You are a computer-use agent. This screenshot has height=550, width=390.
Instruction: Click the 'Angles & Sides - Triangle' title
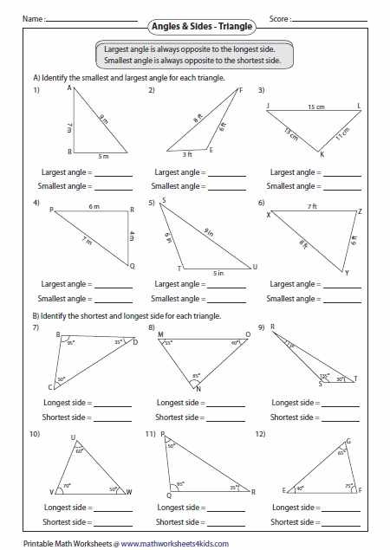194,27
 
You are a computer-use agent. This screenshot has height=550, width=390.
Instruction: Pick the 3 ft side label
186,154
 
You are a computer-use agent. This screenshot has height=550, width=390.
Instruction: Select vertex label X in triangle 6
268,216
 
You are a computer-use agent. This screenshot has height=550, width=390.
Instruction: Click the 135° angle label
324,377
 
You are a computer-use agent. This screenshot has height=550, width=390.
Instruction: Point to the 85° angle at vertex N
197,376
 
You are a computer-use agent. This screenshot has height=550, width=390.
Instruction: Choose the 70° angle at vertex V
65,487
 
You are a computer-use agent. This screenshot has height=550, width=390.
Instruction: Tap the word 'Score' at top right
279,17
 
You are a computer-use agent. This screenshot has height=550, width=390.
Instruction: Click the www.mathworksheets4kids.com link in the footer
176,542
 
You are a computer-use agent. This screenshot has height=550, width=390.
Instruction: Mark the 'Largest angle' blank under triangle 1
113,173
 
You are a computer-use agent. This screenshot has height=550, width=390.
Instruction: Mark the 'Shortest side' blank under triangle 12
340,521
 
